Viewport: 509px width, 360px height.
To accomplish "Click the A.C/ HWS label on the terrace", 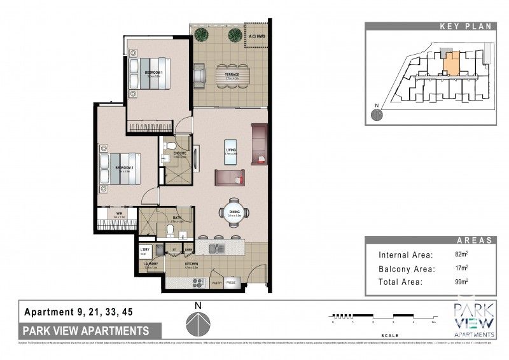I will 257,37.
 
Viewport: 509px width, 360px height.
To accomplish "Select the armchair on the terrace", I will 200,76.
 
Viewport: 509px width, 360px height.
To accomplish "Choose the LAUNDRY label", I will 150,263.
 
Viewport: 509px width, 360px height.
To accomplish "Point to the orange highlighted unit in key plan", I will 450,64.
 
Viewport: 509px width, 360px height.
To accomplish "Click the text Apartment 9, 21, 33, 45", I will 79,312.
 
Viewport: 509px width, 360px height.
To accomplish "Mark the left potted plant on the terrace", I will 202,34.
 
